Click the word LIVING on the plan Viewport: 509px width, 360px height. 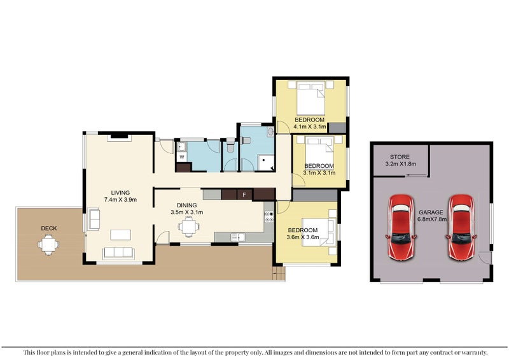[x=120, y=193]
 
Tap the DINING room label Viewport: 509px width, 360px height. [x=186, y=205]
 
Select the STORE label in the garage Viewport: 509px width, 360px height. [x=400, y=156]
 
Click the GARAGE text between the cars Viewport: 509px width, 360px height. [x=431, y=212]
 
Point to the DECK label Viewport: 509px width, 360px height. [x=49, y=228]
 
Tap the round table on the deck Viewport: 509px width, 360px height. [x=48, y=244]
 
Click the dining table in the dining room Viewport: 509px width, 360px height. [x=188, y=226]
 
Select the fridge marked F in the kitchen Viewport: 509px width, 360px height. [x=244, y=194]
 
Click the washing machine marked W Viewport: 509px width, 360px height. [x=182, y=156]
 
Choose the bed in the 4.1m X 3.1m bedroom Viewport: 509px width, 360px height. [x=310, y=99]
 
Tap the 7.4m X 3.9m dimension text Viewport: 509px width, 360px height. [x=120, y=200]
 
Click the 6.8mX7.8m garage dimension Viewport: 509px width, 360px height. [x=431, y=219]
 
